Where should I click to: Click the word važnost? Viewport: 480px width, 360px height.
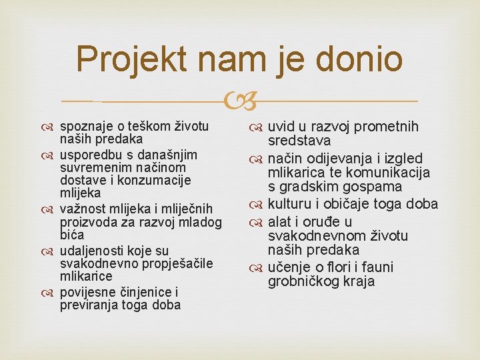click(81, 208)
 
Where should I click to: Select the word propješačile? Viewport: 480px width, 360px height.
click(175, 263)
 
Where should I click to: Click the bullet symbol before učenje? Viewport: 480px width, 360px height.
click(258, 268)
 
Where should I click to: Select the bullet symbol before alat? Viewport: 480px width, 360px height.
click(258, 222)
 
